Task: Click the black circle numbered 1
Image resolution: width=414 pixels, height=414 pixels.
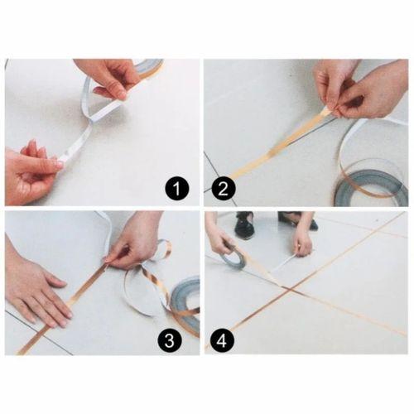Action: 176,190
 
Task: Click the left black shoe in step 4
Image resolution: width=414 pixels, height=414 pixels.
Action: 243,224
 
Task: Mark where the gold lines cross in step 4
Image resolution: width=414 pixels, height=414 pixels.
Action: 286,287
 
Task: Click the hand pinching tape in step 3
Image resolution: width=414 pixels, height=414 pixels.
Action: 137,240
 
